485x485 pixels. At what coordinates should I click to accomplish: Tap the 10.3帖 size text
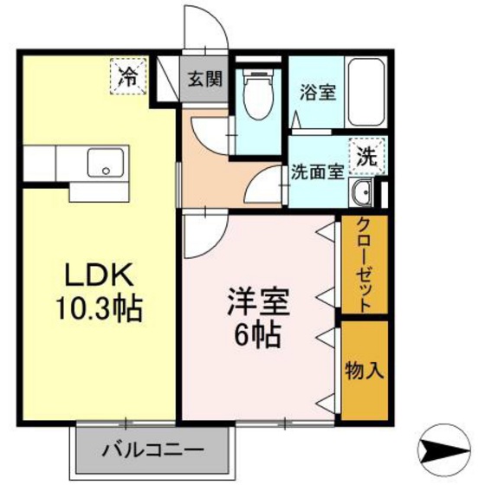click(95, 307)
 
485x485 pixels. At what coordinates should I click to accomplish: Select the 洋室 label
click(257, 303)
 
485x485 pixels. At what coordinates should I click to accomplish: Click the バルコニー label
click(155, 451)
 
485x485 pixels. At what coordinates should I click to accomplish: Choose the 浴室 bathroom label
click(318, 93)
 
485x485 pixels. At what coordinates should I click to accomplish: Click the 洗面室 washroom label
click(318, 172)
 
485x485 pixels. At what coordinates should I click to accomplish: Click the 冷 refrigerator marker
click(129, 75)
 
